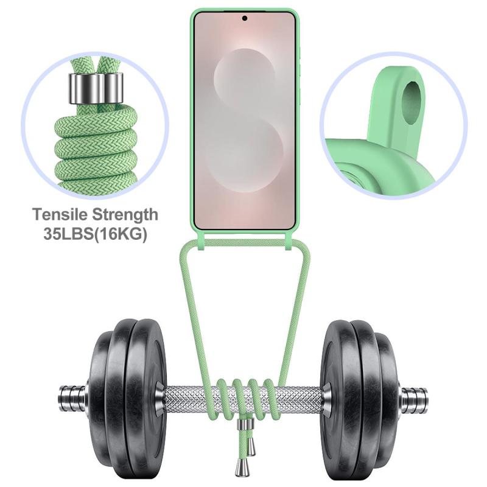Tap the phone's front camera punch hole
coord(245,18)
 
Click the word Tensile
coord(60,215)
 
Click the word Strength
coord(125,215)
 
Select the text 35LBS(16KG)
coord(95,234)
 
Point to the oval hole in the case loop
coord(412,100)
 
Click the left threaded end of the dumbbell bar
coord(73,398)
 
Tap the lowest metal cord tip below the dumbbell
coord(240,466)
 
